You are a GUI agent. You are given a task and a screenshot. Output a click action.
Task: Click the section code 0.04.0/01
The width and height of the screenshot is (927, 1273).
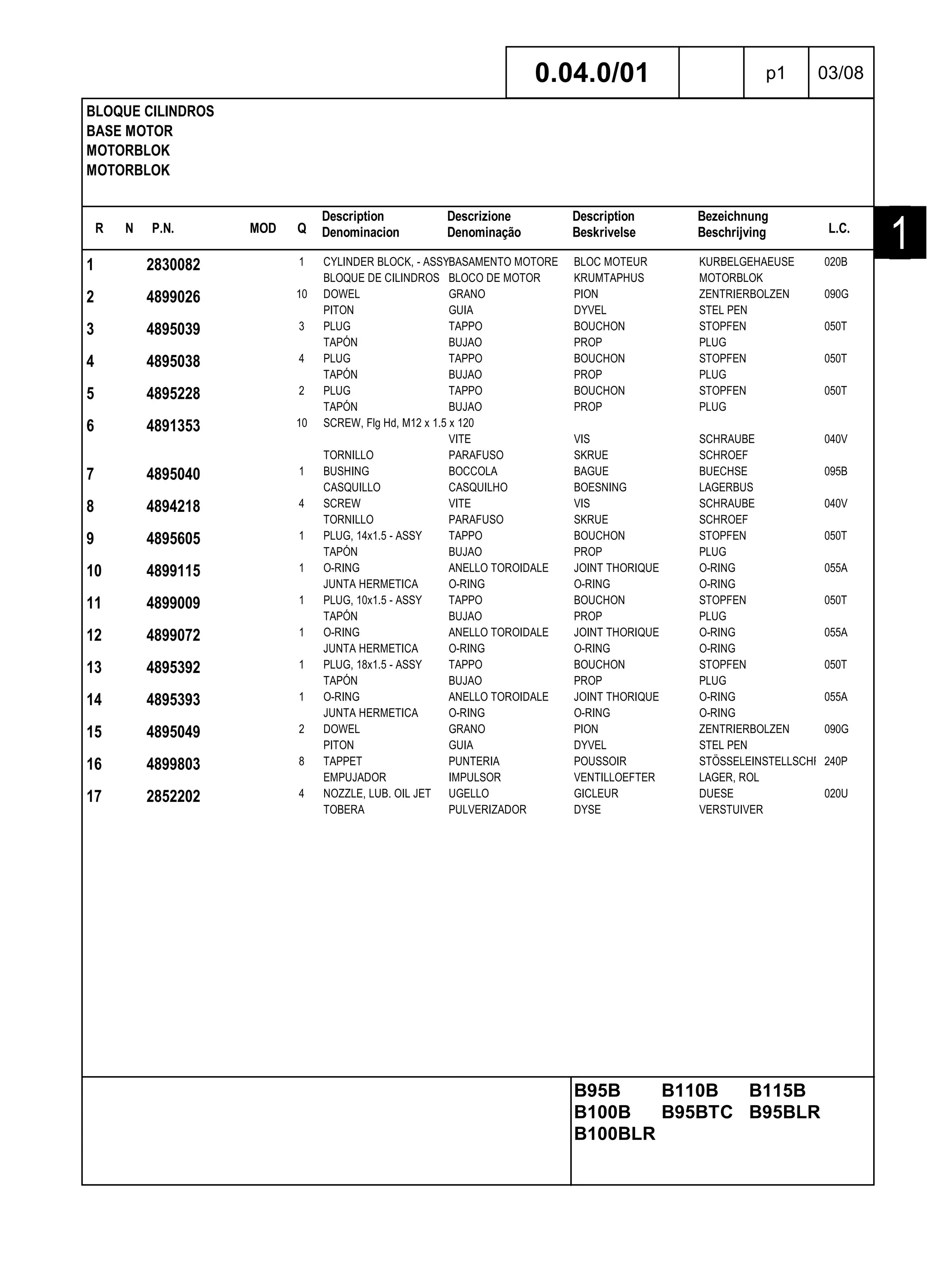[591, 73]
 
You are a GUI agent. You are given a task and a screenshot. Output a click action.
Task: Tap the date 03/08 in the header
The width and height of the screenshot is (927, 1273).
[840, 73]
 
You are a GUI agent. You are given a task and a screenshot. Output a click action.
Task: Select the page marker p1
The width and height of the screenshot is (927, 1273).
[775, 73]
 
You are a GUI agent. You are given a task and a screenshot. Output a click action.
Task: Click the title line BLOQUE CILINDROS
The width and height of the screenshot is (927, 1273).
[150, 111]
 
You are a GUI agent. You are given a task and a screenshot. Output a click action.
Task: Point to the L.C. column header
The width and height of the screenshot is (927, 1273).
[839, 229]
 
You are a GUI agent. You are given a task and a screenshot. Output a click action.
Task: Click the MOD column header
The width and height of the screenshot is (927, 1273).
[263, 229]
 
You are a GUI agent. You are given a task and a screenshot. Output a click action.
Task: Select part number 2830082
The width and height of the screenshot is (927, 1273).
[173, 264]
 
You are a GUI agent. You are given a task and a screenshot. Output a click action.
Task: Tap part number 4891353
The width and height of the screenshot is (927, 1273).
[173, 425]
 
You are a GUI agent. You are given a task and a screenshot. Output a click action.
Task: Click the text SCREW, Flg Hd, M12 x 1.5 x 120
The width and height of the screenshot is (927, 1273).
[398, 423]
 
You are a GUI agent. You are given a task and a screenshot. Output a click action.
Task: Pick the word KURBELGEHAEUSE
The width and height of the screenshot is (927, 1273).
[746, 262]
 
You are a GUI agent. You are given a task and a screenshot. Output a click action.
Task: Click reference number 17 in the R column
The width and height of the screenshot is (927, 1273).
[94, 796]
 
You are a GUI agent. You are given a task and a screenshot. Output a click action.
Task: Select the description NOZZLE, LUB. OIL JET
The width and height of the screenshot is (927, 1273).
[377, 794]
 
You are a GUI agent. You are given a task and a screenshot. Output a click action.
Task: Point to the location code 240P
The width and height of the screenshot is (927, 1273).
[836, 762]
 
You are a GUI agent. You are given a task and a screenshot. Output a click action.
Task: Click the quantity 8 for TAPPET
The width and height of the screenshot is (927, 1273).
[301, 762]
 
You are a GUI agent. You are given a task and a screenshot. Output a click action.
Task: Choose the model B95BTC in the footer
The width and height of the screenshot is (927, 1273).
[697, 1112]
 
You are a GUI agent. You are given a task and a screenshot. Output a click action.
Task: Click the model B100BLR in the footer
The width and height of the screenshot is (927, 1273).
[614, 1134]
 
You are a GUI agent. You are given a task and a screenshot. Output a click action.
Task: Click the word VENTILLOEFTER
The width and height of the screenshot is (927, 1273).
[614, 777]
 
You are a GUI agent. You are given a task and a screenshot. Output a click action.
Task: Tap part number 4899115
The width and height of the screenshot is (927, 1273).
[173, 571]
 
